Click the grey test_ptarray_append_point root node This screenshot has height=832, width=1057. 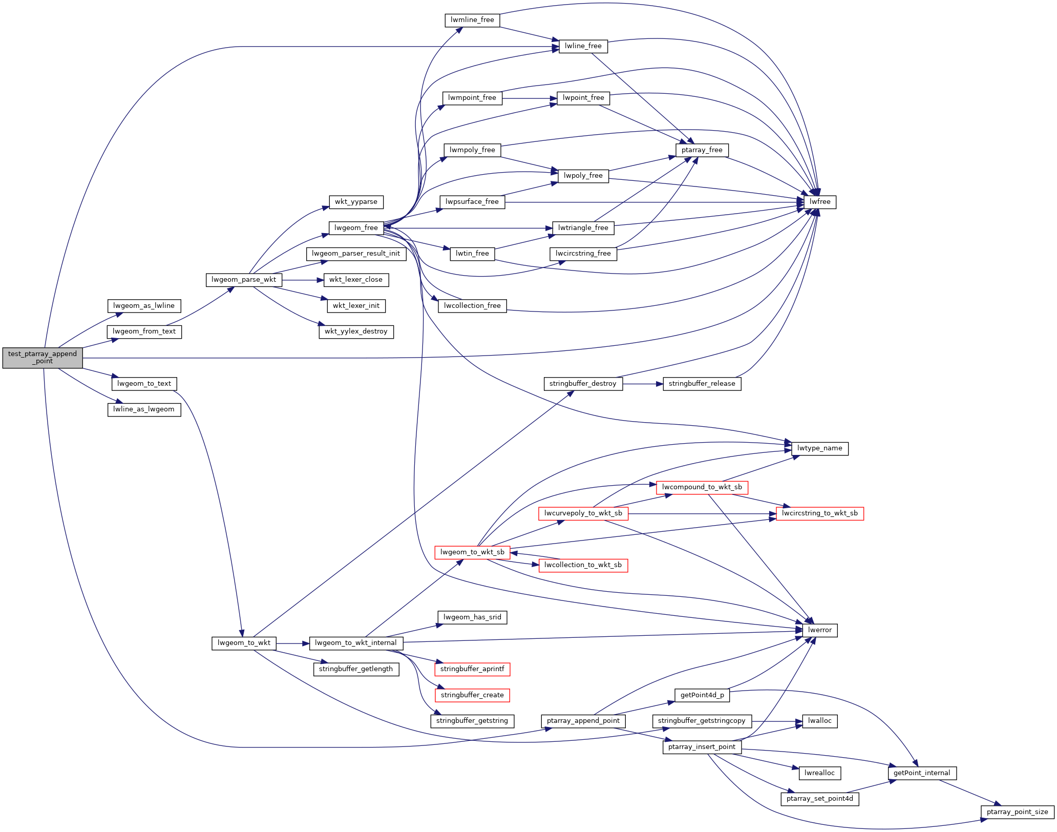click(x=43, y=358)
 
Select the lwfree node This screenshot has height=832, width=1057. click(x=819, y=202)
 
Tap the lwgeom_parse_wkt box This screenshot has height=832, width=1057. click(x=244, y=280)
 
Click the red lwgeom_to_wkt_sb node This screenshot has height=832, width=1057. click(x=472, y=552)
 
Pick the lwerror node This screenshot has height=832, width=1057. click(x=819, y=630)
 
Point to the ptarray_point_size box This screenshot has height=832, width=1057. click(x=1017, y=812)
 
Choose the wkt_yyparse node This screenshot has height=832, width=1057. click(x=356, y=202)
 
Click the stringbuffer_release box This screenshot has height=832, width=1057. click(x=702, y=384)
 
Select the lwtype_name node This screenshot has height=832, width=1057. click(x=819, y=448)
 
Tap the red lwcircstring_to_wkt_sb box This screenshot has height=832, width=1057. click(x=819, y=513)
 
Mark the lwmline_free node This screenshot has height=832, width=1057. click(x=472, y=20)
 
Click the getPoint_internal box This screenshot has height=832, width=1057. click(x=922, y=773)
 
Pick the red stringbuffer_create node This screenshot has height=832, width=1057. click(x=472, y=695)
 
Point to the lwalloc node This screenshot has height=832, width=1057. click(x=819, y=721)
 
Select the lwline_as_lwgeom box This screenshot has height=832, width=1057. click(x=144, y=409)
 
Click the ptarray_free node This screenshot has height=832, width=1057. click(x=702, y=150)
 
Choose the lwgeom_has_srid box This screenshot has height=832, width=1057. click(x=472, y=617)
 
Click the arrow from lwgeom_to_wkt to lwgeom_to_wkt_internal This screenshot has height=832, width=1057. click(x=292, y=643)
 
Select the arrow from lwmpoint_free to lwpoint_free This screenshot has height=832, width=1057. click(x=530, y=98)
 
